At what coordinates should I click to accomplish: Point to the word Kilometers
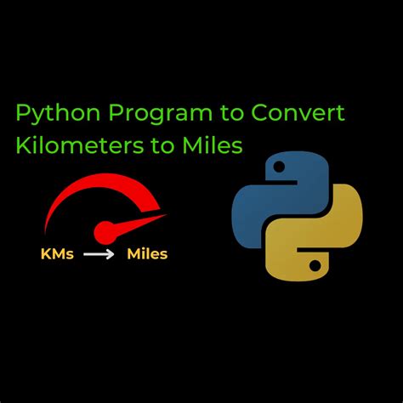[76, 146]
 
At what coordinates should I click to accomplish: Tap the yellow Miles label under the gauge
[147, 253]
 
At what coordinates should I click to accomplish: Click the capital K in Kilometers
[23, 146]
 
